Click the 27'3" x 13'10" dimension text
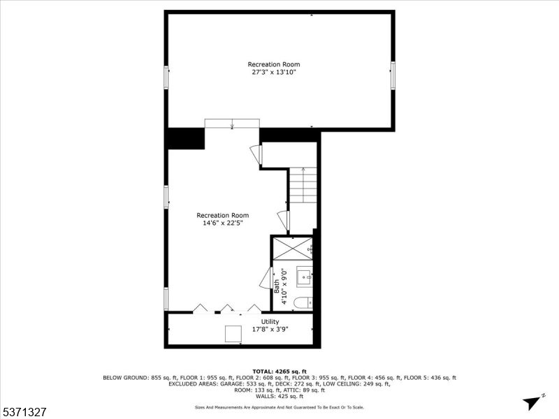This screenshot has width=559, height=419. point(278,72)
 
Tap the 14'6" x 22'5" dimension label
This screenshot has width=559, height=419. point(222,223)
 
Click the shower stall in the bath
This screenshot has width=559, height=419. point(292,248)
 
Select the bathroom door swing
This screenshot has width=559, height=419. point(266,279)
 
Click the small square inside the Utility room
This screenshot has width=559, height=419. point(233,334)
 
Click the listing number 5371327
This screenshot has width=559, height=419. point(25,413)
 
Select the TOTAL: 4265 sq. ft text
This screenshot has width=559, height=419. point(279,371)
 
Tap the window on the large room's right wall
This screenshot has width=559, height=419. point(393,75)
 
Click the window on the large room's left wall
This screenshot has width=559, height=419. point(166,77)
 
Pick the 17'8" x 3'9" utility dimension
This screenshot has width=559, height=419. point(270,329)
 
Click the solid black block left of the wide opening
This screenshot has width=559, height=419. point(186,138)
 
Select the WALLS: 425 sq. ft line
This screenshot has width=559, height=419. point(279,396)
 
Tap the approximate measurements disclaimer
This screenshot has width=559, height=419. point(279,407)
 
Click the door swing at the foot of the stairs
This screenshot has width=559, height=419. point(282,219)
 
